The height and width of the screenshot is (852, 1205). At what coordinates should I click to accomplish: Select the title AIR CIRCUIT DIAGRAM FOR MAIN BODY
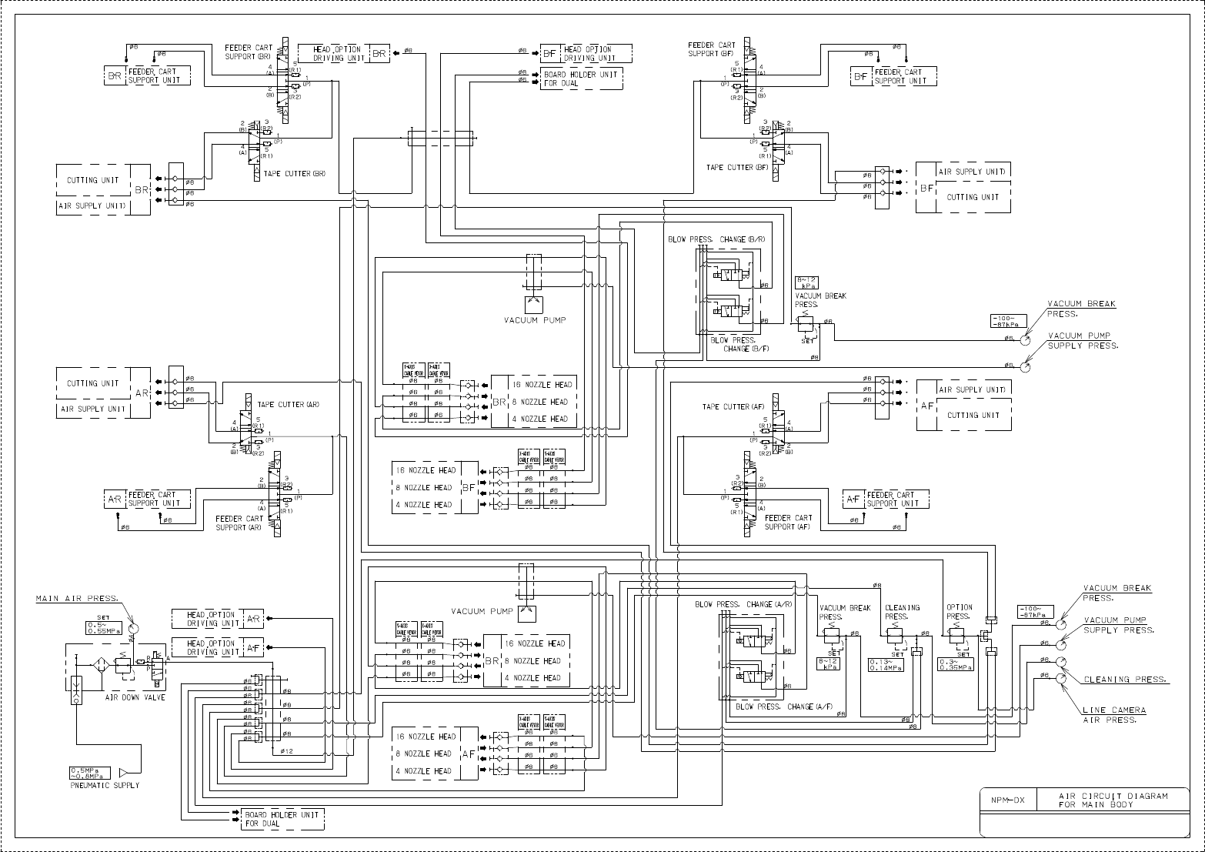(1103, 800)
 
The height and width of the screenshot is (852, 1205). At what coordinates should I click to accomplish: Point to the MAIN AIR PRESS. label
(77, 598)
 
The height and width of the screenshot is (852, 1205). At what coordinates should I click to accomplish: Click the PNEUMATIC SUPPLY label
(105, 785)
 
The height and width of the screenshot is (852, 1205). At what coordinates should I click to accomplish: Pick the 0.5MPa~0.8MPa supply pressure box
(89, 773)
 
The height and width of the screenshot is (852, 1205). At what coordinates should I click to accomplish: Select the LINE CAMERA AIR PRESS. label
(1113, 715)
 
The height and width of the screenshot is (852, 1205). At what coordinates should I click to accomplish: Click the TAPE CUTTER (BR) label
(295, 174)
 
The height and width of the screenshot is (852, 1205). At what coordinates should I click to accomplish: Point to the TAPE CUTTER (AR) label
(288, 405)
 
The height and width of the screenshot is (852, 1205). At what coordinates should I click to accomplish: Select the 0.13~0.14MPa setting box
(886, 665)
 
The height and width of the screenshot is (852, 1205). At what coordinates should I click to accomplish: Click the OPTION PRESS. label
(960, 612)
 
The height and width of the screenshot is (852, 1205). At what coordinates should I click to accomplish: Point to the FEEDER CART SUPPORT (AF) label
(789, 523)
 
